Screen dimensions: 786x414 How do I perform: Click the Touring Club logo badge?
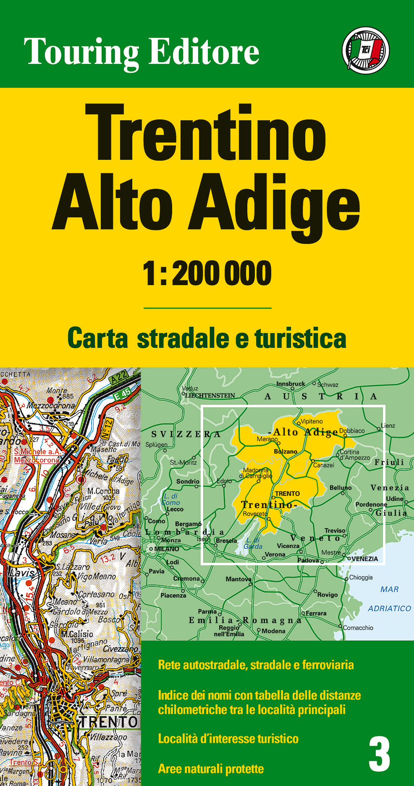tap(366, 51)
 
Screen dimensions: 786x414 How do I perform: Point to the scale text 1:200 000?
tap(207, 274)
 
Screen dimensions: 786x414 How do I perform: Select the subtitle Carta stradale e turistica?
tap(207, 338)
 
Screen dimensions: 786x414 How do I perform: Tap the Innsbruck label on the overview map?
tap(291, 384)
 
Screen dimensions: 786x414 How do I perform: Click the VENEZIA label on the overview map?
tap(365, 559)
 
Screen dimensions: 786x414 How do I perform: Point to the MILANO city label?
tap(167, 549)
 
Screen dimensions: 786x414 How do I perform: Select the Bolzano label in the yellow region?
tap(286, 451)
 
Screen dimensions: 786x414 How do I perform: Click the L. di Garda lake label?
tap(253, 543)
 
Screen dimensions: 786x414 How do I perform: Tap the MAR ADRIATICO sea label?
tap(390, 599)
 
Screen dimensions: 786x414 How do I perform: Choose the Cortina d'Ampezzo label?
tap(355, 455)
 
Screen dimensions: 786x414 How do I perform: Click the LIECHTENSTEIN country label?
tap(210, 395)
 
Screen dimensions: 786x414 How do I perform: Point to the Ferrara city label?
tap(316, 613)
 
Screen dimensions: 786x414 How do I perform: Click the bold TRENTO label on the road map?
tap(108, 722)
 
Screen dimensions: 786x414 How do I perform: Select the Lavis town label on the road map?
tap(20, 573)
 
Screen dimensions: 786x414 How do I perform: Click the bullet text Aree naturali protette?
tap(211, 769)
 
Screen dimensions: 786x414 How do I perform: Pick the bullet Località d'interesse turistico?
tap(228, 739)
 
